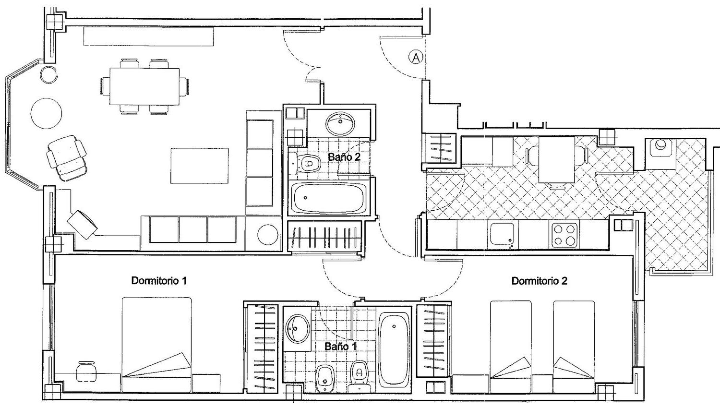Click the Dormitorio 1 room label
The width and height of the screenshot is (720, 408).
(x=159, y=281)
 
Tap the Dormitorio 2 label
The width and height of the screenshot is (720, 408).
(x=539, y=281)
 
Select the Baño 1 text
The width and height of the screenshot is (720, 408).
(x=341, y=346)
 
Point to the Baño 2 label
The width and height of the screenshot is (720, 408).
(x=344, y=157)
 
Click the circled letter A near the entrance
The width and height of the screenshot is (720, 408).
(x=416, y=58)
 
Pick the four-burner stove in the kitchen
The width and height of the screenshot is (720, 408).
(x=565, y=235)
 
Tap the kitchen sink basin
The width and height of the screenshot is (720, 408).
(x=502, y=234)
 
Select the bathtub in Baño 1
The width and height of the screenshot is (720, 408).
(x=395, y=350)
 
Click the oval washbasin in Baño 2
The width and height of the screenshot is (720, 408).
(x=340, y=123)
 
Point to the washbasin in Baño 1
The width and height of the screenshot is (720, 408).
(x=298, y=328)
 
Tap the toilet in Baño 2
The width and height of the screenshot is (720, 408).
(x=305, y=163)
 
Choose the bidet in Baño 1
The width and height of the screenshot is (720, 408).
(x=324, y=379)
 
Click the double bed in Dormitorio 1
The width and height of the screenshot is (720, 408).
(x=157, y=344)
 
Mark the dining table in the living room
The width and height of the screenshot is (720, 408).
(x=144, y=86)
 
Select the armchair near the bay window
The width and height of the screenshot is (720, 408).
(x=67, y=158)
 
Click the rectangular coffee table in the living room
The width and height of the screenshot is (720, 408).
(x=200, y=166)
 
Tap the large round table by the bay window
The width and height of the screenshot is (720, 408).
(x=46, y=113)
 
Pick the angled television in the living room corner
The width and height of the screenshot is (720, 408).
(x=82, y=225)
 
